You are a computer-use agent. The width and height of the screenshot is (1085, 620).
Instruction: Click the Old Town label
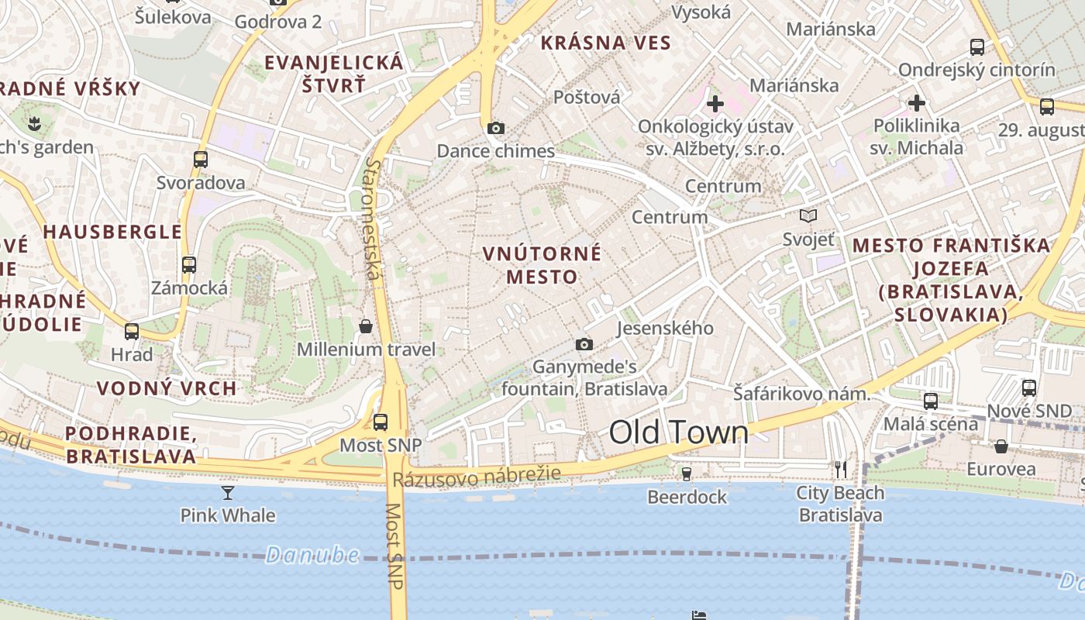[x=679, y=432]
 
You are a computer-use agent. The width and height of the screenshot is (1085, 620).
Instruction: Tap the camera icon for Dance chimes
[x=496, y=128]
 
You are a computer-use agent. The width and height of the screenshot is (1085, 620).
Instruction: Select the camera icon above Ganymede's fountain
[x=584, y=344]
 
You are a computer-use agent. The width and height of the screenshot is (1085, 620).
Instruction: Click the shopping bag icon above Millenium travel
[x=366, y=326]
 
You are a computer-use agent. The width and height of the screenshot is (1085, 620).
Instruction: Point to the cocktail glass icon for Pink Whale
[x=228, y=492]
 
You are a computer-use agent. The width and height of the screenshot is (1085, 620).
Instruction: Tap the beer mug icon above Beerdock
[x=686, y=473]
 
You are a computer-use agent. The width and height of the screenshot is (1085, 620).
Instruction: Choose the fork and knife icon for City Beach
[x=841, y=469]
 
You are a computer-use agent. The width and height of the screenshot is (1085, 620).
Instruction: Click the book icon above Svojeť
[x=808, y=216]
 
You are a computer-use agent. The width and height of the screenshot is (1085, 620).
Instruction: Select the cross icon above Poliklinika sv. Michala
[x=917, y=102]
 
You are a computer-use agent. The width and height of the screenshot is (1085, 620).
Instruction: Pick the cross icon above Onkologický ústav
[x=715, y=102]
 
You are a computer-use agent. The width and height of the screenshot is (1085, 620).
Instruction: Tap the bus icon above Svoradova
[x=201, y=160]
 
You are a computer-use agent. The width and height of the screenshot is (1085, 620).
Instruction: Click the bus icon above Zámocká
[x=189, y=265]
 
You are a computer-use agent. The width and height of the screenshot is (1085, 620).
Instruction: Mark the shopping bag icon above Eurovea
[x=1001, y=446]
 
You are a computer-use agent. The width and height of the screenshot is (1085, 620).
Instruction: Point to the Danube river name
[x=312, y=555]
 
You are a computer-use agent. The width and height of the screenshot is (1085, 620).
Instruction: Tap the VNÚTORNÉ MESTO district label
[x=542, y=264]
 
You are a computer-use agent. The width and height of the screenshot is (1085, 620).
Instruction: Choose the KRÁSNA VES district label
[x=605, y=43]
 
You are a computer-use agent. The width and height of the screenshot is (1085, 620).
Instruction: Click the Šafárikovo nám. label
[x=802, y=394]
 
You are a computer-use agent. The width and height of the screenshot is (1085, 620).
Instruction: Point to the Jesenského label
[x=665, y=328]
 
